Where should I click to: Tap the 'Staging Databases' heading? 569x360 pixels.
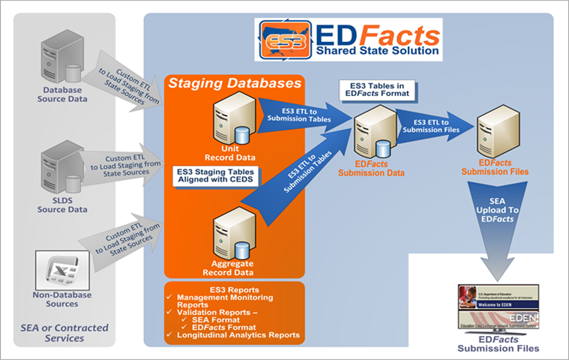click(x=235, y=82)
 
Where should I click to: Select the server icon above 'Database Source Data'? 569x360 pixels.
click(x=62, y=62)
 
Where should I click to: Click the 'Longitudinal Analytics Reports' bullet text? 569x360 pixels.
click(x=238, y=334)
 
